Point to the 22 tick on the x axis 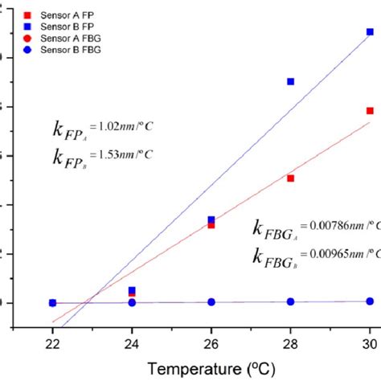(x=52, y=341)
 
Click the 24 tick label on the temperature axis (x=132, y=341)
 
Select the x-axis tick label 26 (x=211, y=341)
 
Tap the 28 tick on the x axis (x=290, y=341)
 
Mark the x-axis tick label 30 (x=369, y=341)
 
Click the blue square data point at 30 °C (x=370, y=32)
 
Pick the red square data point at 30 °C (x=370, y=111)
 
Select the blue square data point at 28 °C (x=290, y=82)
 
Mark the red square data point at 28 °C (x=290, y=178)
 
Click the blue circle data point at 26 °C (x=211, y=302)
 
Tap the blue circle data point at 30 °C (x=370, y=301)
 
